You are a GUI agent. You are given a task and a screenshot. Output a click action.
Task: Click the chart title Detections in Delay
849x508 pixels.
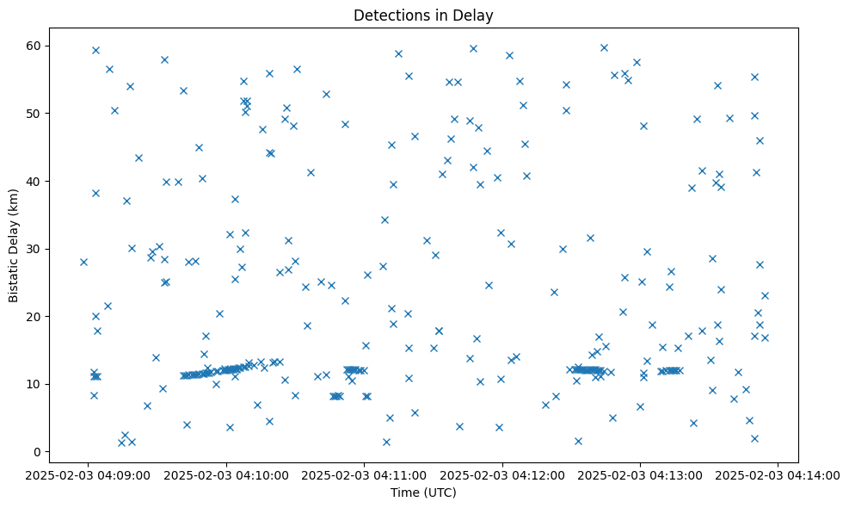tap(424, 15)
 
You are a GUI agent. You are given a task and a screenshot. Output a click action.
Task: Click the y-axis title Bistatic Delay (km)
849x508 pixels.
tap(15, 246)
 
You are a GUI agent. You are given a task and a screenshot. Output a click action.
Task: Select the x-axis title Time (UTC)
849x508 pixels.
tap(423, 493)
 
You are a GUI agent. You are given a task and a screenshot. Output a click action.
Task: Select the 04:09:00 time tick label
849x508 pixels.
tap(89, 474)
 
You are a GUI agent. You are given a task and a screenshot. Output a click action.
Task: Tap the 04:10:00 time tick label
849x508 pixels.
tap(226, 474)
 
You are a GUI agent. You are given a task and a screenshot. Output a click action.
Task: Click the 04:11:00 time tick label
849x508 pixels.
tap(365, 474)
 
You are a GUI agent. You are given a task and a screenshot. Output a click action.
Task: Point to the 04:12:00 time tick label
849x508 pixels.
tap(502, 474)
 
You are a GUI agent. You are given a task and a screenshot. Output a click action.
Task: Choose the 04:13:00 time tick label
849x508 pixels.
tap(641, 474)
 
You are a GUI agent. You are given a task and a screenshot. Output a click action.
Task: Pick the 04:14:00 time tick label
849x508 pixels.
tap(778, 474)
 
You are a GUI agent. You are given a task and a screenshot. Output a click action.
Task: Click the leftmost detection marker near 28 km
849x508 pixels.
tap(83, 262)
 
